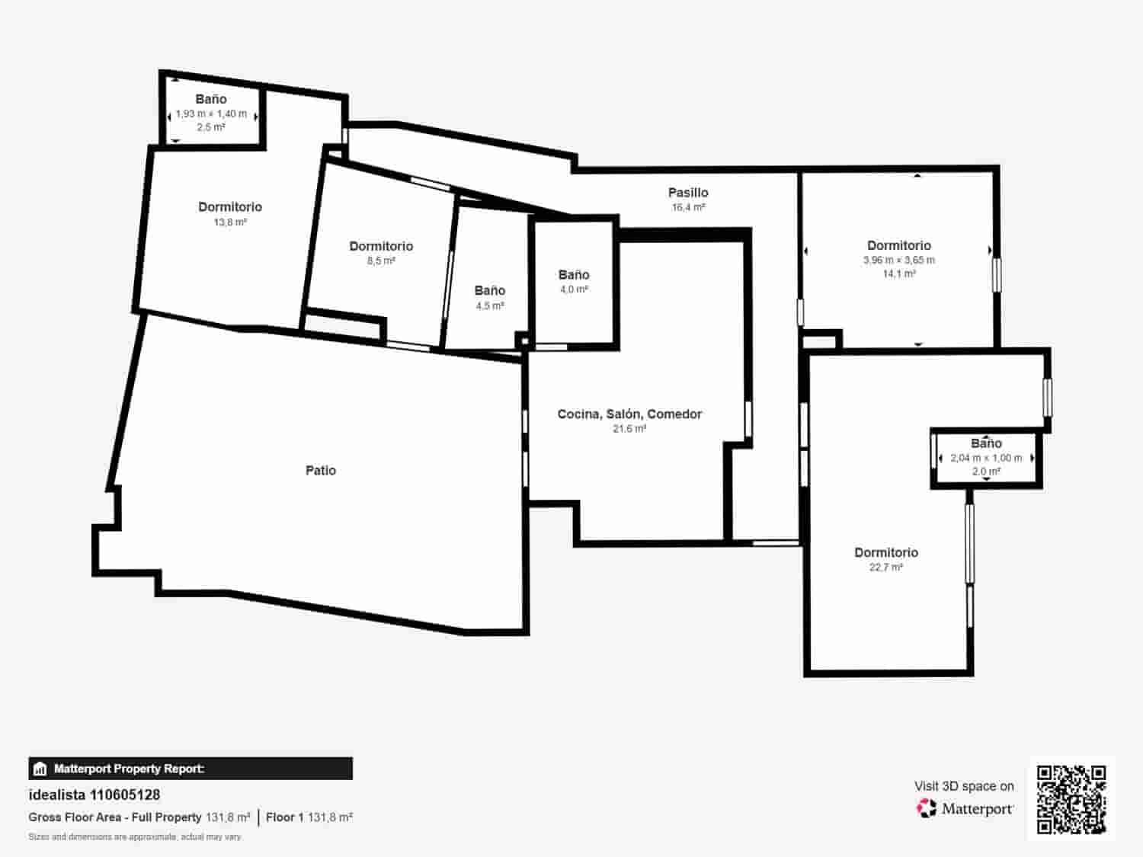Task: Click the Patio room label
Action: [x=321, y=471]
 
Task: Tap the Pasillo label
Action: [x=688, y=193]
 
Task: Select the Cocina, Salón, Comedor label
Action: [x=629, y=414]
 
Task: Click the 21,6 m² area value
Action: [x=629, y=429]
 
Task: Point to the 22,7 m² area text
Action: [x=885, y=568]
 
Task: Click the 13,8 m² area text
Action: [x=230, y=222]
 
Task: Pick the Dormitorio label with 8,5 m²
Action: [x=381, y=246]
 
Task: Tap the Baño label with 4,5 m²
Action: [x=489, y=290]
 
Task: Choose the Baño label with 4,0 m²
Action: [x=574, y=275]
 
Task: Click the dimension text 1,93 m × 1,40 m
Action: [x=211, y=114]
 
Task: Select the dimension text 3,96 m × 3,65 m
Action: [x=899, y=260]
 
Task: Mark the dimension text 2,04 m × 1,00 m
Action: [x=986, y=458]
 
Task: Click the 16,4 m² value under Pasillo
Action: [x=688, y=207]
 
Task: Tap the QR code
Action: [x=1071, y=799]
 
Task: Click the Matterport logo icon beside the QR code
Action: [x=927, y=808]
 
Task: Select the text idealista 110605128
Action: [x=94, y=795]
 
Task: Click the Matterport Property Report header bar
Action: [x=190, y=769]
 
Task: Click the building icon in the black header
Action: [x=40, y=769]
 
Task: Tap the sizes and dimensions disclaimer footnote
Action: [x=135, y=837]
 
